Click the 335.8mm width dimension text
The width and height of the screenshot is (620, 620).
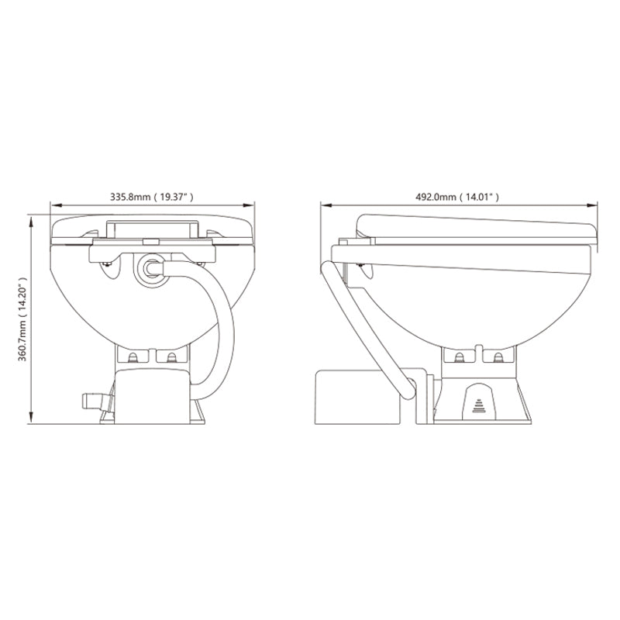[x=152, y=198]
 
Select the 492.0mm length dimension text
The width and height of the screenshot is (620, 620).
[x=459, y=198]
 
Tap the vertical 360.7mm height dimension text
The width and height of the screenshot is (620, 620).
[x=22, y=319]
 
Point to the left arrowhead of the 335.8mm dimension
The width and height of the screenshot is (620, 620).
[x=53, y=206]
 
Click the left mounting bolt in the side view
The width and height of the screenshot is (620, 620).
[x=460, y=356]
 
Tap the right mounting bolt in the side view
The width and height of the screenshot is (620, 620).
[x=496, y=356]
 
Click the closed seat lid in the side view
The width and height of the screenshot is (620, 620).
[x=477, y=226]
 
